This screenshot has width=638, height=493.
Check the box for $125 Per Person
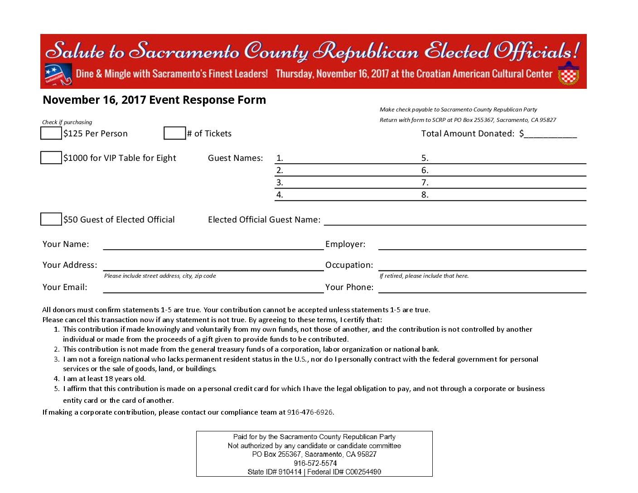[x=51, y=133]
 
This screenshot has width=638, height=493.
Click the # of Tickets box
[x=174, y=133]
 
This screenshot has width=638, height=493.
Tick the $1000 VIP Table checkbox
[x=51, y=158]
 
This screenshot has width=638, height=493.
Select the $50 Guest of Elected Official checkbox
[x=51, y=219]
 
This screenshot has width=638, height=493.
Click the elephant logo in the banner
[x=58, y=74]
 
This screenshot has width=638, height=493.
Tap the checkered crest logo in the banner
[x=569, y=74]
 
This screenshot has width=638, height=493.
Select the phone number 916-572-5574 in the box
[x=315, y=463]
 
